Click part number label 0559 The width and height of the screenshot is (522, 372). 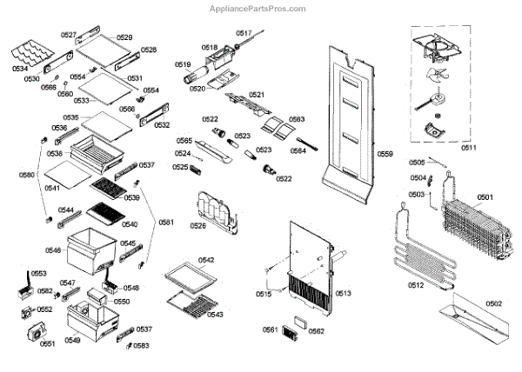point(385,154)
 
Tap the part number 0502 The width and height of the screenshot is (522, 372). point(493,303)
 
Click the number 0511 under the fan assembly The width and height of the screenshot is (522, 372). point(468,147)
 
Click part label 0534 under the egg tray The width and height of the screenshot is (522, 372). point(20,68)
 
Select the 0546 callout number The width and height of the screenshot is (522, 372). point(54,250)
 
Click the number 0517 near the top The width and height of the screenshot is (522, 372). point(244,33)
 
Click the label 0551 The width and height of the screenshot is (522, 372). point(47,344)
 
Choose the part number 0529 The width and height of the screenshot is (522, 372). point(124,37)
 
